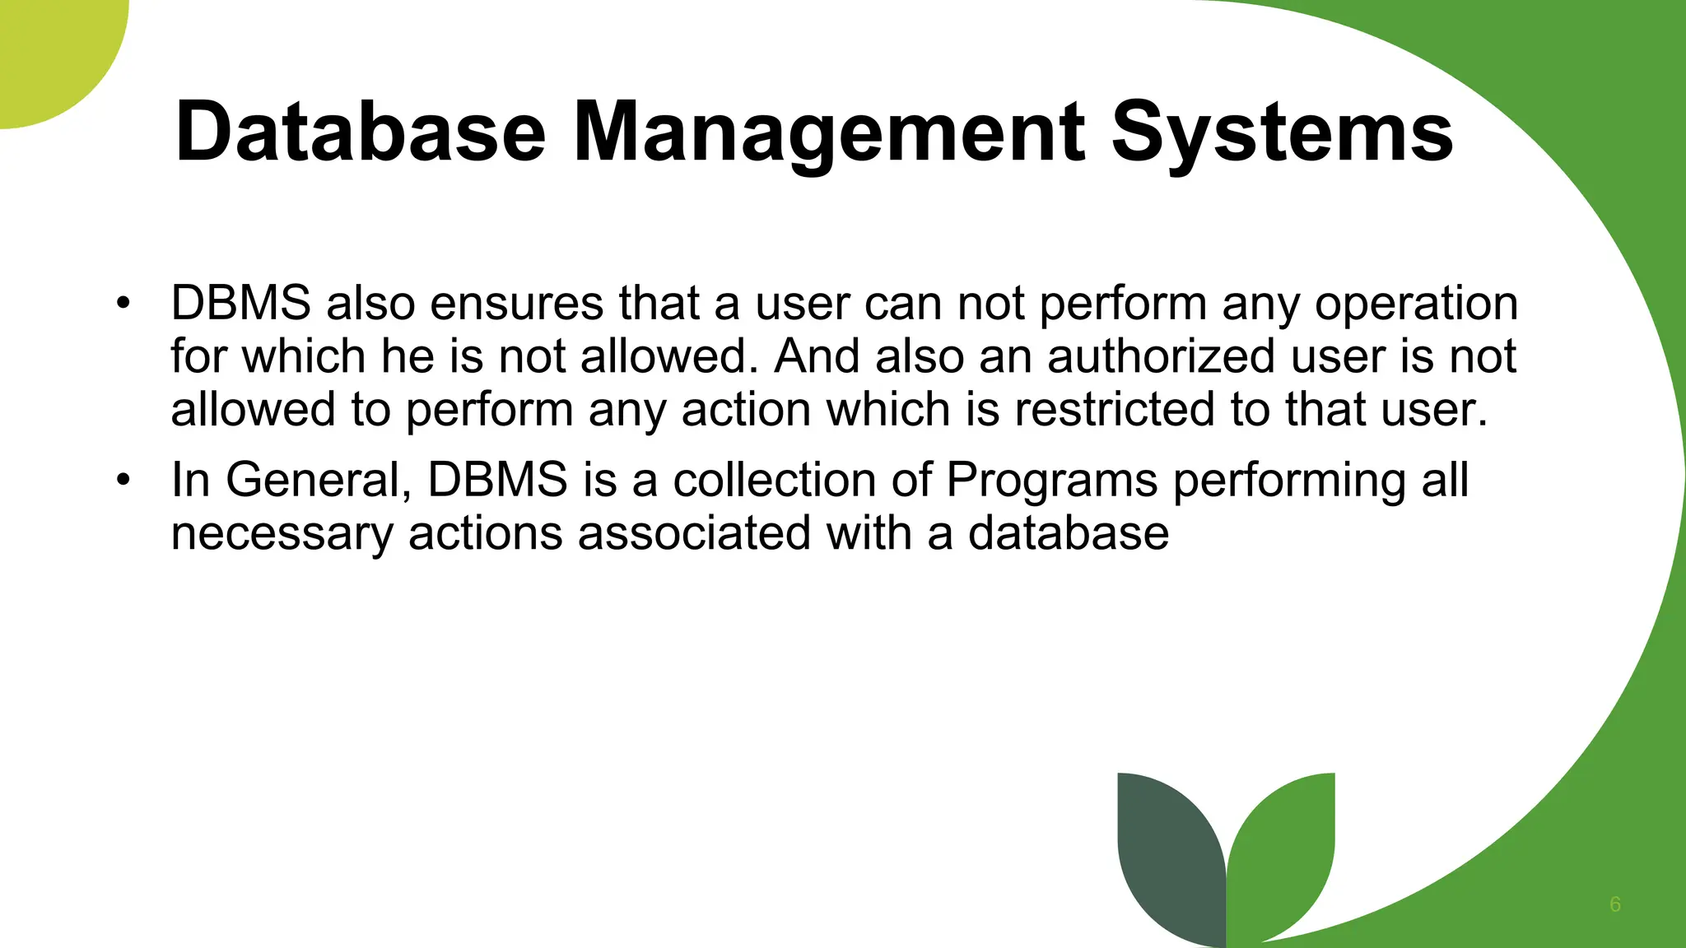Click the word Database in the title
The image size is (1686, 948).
361,132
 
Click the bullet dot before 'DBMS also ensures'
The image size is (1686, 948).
123,302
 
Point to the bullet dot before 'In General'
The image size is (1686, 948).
123,479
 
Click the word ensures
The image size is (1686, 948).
516,303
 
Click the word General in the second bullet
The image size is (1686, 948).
318,480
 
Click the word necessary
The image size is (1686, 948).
282,534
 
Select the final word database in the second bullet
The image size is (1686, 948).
1068,532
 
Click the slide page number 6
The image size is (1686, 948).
1615,904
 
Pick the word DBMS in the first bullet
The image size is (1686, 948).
240,303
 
